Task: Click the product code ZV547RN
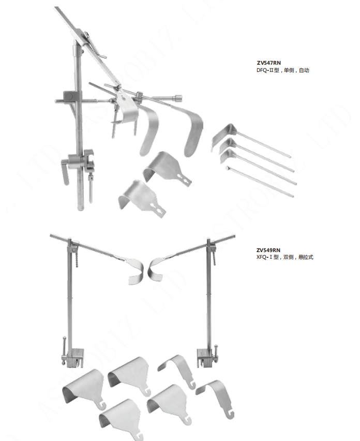(x=268, y=63)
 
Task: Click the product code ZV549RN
(x=268, y=250)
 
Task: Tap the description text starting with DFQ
(x=283, y=70)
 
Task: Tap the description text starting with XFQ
(x=284, y=257)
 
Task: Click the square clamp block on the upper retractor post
(x=69, y=96)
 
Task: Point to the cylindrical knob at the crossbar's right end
(x=178, y=98)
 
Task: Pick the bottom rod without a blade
(x=259, y=181)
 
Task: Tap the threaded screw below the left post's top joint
(x=76, y=258)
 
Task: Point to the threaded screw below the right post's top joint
(x=214, y=257)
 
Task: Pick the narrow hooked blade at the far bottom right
(x=218, y=397)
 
